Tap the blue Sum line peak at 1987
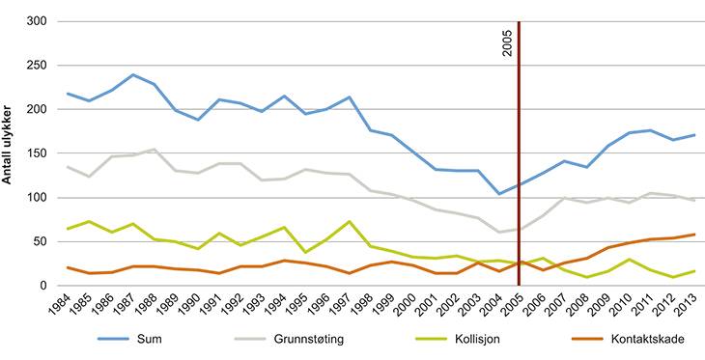pos(132,75)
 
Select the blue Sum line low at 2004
pos(498,194)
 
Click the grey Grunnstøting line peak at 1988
pos(154,150)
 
